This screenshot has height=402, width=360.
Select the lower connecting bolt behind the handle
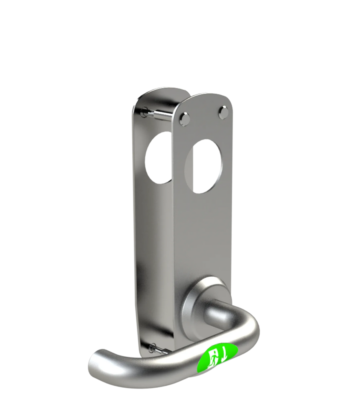(160, 350)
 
